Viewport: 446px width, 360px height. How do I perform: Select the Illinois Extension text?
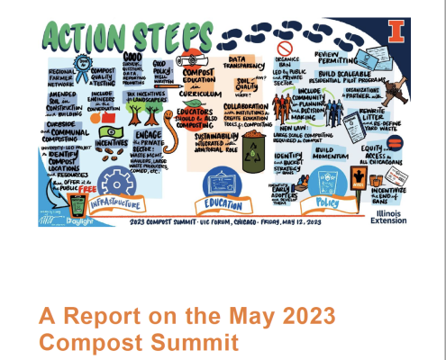[x=390, y=213]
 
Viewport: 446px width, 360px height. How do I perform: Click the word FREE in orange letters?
[x=88, y=189]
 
